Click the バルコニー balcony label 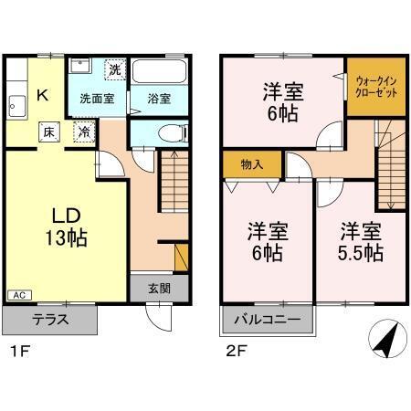tap(267, 321)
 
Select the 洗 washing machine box tap(113, 68)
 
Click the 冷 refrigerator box tap(83, 132)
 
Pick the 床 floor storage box tap(47, 132)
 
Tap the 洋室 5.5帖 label tap(360, 238)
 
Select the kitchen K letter tap(41, 92)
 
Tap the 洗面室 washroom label tap(96, 98)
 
